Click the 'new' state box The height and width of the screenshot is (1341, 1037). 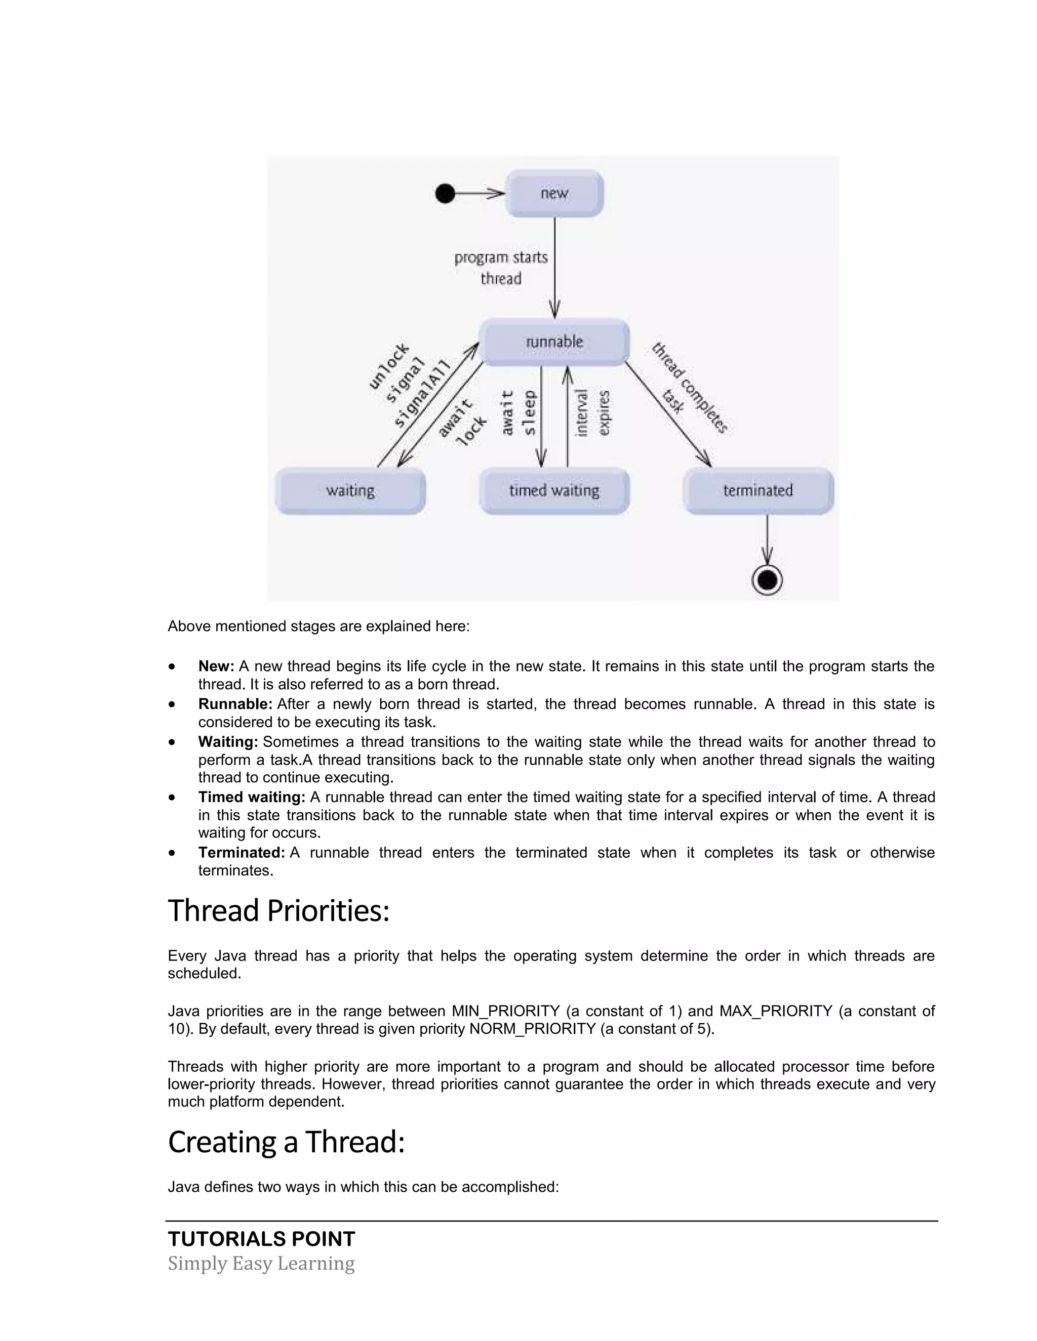[554, 193]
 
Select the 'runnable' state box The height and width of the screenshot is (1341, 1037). [554, 342]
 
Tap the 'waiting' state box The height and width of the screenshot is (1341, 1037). [350, 490]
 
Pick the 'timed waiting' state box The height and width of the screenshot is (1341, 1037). [554, 490]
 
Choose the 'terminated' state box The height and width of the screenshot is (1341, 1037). [758, 490]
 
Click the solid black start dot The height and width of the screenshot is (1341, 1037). [445, 193]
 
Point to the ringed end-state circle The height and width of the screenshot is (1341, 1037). [767, 579]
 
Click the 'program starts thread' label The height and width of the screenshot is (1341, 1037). [501, 268]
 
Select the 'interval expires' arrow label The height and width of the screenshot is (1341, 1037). [592, 412]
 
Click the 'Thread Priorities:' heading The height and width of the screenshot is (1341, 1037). [279, 910]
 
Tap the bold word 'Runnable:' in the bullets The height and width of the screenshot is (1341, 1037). [235, 704]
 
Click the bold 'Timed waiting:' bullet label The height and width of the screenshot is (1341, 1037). [252, 797]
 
